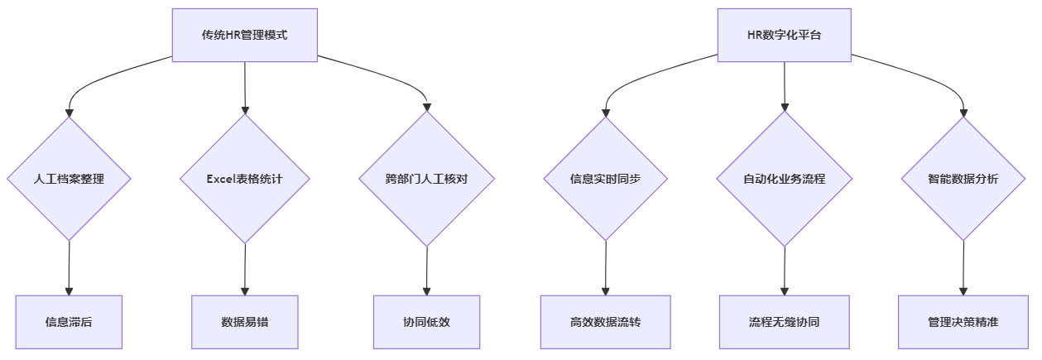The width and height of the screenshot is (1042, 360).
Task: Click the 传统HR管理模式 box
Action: click(244, 35)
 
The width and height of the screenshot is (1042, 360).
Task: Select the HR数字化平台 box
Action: click(784, 35)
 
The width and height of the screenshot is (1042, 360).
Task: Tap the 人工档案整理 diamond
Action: click(69, 178)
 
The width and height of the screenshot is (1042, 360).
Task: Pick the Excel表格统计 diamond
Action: click(245, 178)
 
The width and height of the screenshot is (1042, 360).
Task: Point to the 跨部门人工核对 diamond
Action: click(427, 178)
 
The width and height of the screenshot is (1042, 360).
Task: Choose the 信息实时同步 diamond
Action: click(606, 178)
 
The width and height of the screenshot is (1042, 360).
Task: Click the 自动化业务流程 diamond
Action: click(784, 178)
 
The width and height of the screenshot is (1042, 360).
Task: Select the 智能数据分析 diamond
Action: click(963, 178)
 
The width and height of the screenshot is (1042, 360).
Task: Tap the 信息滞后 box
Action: click(69, 322)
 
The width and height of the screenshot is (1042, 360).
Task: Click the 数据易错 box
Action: click(245, 322)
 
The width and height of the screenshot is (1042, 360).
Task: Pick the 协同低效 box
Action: click(427, 322)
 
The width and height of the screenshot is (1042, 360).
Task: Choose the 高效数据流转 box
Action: click(606, 322)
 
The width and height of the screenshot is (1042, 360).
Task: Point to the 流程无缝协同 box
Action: click(784, 322)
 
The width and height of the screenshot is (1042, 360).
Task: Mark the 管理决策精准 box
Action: click(963, 322)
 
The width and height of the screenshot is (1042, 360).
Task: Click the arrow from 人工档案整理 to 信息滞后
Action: click(69, 267)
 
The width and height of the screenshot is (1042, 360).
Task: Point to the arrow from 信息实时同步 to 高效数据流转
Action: click(606, 267)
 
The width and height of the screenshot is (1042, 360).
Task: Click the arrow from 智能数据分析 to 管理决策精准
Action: click(963, 267)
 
